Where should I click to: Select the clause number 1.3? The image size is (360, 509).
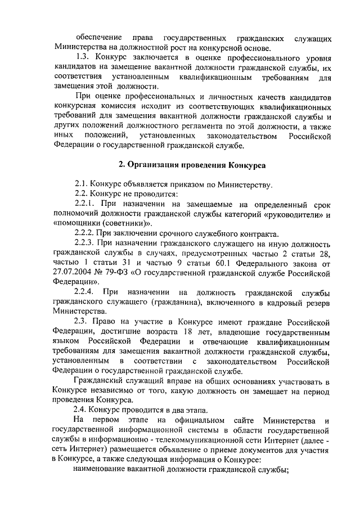(84, 58)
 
